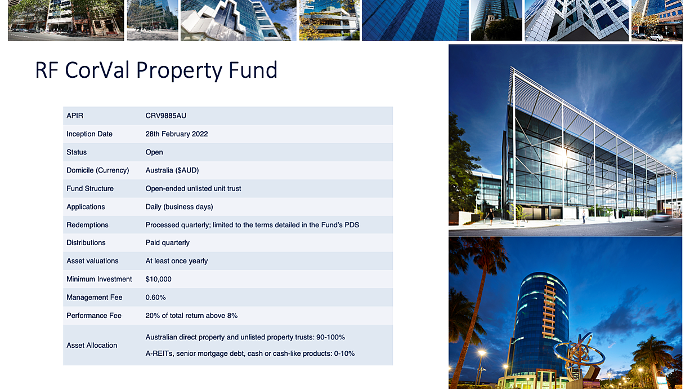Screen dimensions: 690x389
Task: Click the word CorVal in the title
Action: point(97,70)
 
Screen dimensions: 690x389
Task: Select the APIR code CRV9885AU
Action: point(165,116)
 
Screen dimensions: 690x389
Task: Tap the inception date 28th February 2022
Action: point(177,134)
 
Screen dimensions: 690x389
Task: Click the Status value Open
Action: point(154,152)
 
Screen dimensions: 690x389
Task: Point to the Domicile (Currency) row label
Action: point(98,170)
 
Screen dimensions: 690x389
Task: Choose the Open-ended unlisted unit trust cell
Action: point(193,188)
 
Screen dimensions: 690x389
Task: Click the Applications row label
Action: point(86,207)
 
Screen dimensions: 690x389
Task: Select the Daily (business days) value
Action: point(179,207)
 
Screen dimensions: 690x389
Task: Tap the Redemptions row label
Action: point(87,225)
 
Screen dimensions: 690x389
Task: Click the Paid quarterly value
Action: point(167,243)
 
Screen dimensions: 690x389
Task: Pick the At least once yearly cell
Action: point(177,261)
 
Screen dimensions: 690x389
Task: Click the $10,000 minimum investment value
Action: point(158,279)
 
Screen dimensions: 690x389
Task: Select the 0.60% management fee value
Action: point(155,297)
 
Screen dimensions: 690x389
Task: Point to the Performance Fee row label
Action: point(94,316)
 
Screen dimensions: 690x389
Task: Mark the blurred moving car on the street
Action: point(661,217)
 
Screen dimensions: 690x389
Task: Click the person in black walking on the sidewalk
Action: point(490,216)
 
